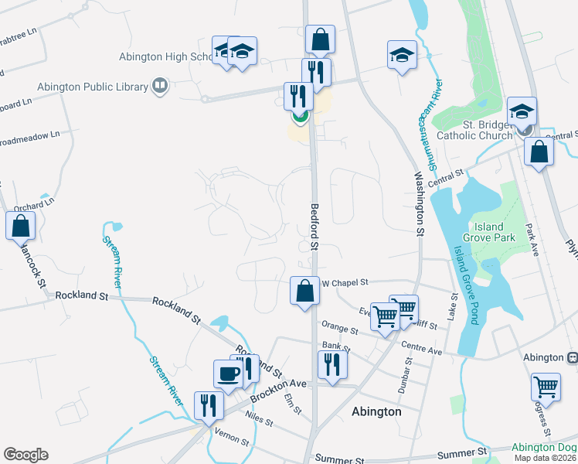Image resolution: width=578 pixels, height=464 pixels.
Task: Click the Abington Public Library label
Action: pos(76,87)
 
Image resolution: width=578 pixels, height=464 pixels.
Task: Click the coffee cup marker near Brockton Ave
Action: pos(229,373)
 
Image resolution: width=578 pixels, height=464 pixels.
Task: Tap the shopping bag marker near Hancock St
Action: pos(20,227)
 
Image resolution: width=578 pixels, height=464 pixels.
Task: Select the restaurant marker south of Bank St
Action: pos(332,364)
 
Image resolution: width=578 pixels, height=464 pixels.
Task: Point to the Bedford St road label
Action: pos(314,227)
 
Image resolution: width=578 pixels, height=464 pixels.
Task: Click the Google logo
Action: pos(25,455)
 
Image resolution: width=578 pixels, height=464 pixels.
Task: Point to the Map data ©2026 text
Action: pos(545,458)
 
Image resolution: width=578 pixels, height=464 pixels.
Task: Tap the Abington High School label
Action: pos(165,56)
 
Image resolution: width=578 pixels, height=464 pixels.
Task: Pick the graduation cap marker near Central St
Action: pos(522,111)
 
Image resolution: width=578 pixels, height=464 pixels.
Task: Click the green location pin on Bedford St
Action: pos(300,118)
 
